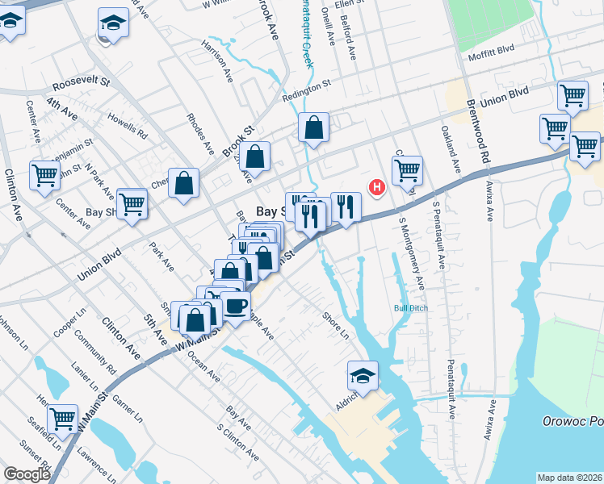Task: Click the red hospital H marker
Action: click(x=376, y=188)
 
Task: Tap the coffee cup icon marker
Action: click(x=236, y=307)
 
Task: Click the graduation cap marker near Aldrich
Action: click(x=363, y=376)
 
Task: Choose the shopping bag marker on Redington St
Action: click(x=313, y=127)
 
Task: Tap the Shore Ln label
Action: click(x=335, y=325)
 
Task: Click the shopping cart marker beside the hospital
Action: click(x=407, y=170)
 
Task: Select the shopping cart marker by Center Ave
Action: click(x=44, y=175)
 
